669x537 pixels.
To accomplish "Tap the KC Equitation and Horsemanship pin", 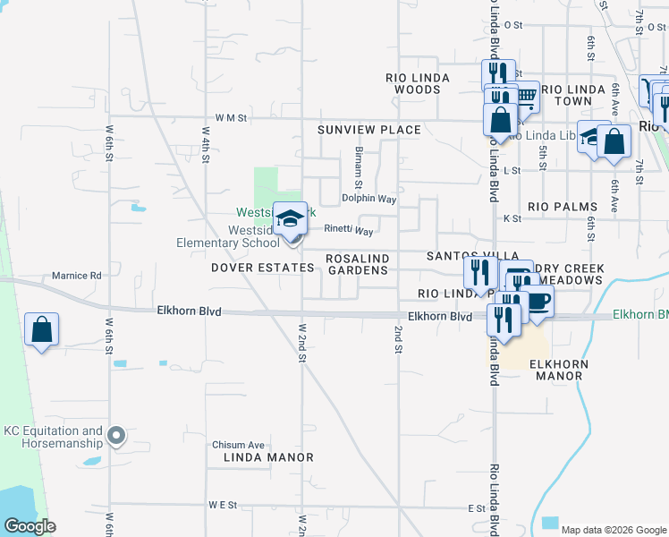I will [x=115, y=437].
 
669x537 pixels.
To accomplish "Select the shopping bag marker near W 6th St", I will [x=41, y=330].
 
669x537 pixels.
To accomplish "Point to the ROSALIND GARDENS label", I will [x=358, y=264].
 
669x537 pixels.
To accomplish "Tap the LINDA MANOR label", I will [x=268, y=457].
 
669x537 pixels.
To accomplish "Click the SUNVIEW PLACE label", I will [x=369, y=130].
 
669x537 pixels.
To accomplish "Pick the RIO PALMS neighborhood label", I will [x=563, y=207].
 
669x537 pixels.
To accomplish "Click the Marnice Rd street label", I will [x=77, y=276].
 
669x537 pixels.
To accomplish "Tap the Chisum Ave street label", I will [x=239, y=445].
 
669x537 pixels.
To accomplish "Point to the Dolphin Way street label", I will [x=369, y=199].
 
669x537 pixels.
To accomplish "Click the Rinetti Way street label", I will [x=349, y=230].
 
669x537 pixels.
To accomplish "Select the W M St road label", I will [x=230, y=117].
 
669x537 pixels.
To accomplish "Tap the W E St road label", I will [x=222, y=505].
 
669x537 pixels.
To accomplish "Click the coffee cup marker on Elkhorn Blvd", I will [x=538, y=303].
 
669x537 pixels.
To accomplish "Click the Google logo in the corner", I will [x=30, y=526].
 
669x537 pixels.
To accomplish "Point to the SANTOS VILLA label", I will [x=461, y=256].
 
